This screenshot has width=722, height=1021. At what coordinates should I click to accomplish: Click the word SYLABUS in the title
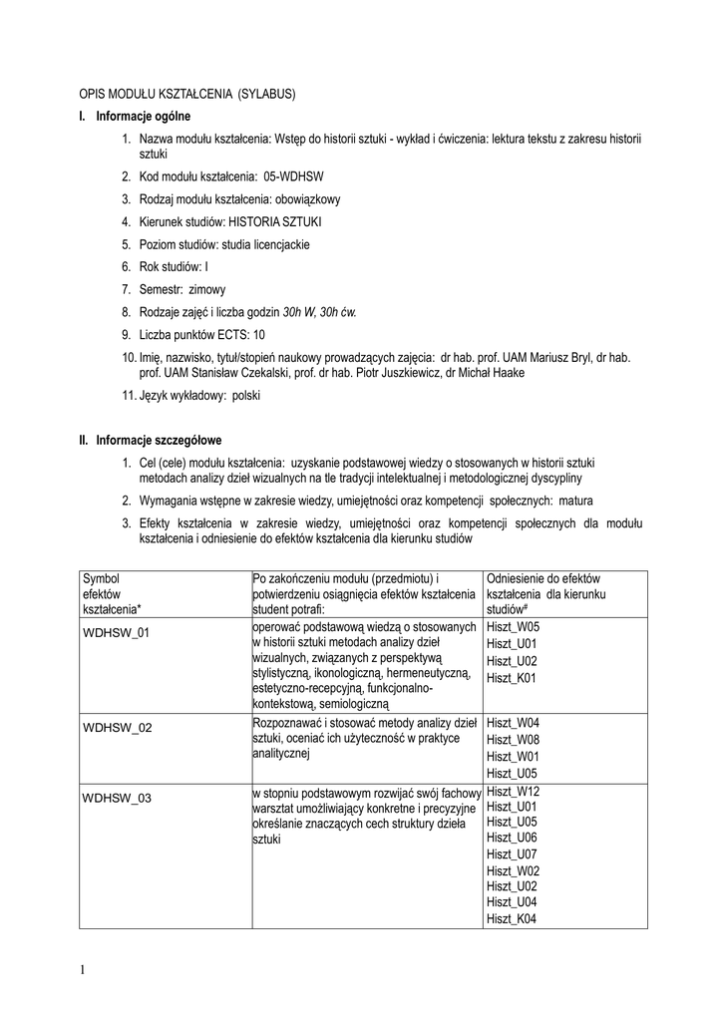tap(268, 94)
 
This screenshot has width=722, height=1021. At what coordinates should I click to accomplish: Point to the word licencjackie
tap(281, 244)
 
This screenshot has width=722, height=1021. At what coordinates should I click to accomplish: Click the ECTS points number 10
tap(258, 334)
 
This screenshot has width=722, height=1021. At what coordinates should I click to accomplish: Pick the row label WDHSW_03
tap(117, 797)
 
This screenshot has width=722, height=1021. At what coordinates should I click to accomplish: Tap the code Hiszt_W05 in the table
tap(513, 627)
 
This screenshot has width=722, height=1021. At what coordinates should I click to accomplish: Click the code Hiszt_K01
tap(512, 678)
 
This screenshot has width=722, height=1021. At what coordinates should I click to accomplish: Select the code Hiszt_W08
tap(513, 739)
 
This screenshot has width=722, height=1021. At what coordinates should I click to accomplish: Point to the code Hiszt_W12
tap(513, 791)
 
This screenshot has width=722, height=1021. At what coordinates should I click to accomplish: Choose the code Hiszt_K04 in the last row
tap(512, 918)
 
